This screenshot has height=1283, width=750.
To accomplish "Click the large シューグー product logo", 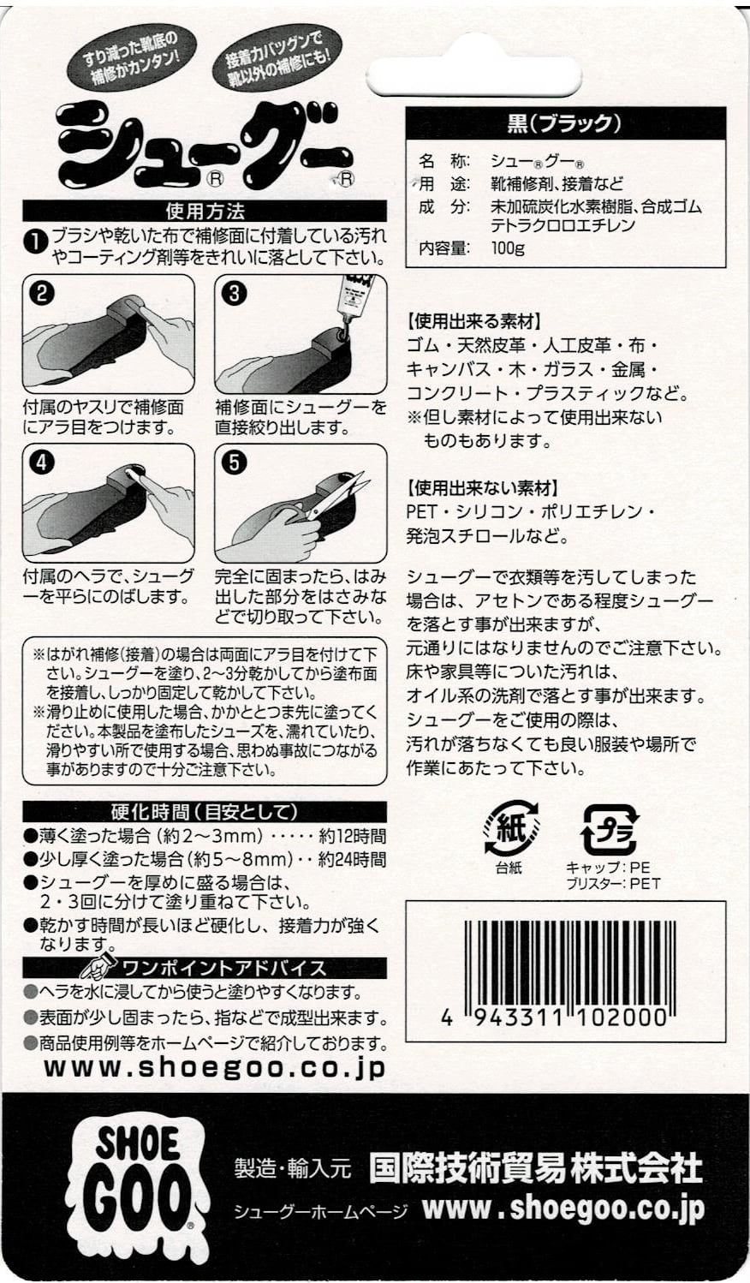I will [x=205, y=146].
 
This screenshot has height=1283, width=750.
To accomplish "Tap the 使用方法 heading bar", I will [x=205, y=211].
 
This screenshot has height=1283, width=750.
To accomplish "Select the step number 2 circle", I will [x=42, y=293].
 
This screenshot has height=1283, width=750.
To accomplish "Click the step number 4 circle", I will [x=42, y=462].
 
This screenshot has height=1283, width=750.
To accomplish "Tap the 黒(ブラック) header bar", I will [x=564, y=123].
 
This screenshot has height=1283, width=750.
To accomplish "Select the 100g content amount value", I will [x=508, y=248].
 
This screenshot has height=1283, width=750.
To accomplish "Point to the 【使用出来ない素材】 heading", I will [x=483, y=488].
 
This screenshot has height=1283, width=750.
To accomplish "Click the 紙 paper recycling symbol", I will [x=511, y=828].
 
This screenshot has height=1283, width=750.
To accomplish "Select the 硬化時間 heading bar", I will [x=205, y=811].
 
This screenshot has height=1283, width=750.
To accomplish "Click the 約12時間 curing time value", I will [x=352, y=837].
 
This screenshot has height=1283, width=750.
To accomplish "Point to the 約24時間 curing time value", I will [x=352, y=859].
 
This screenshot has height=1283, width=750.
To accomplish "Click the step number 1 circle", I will [x=35, y=242].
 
